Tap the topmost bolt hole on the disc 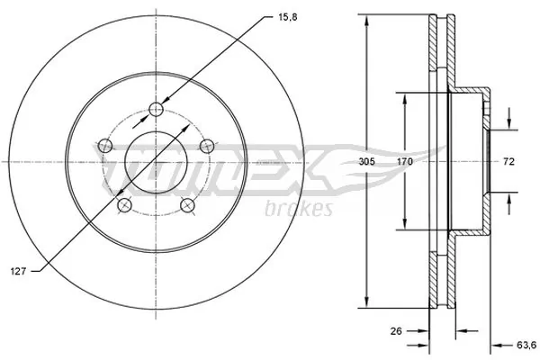pos(157,109)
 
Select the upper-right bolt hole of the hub pos(209,146)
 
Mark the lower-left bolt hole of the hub pos(126,206)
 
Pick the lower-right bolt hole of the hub pos(189,206)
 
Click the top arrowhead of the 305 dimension pos(366,22)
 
